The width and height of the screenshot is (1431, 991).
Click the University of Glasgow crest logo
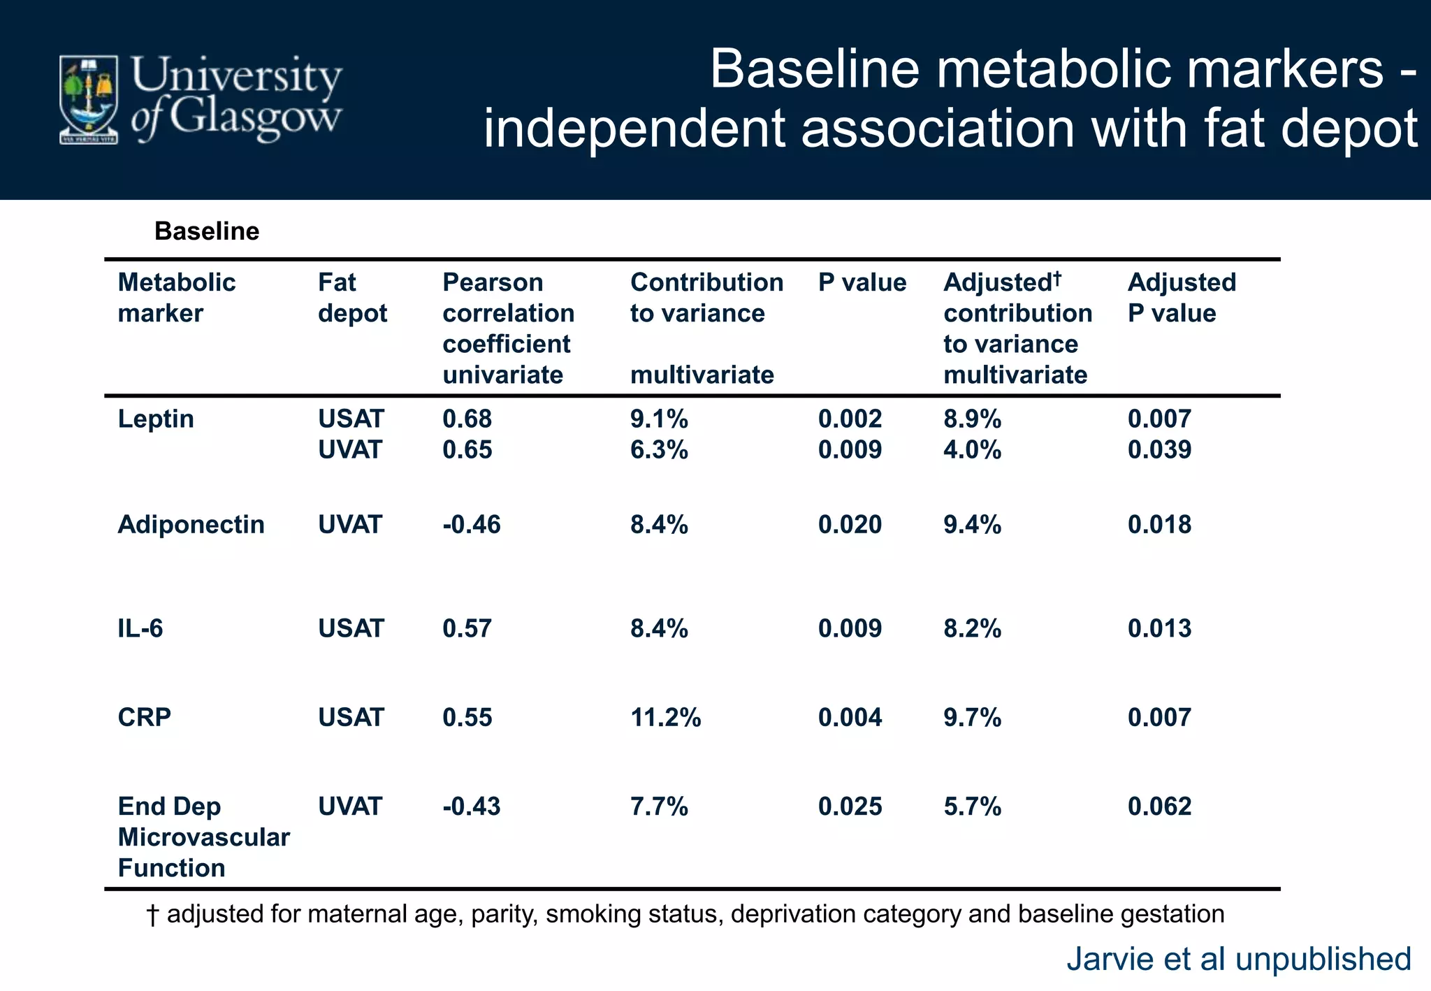tap(89, 99)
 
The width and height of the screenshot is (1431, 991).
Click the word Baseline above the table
tap(206, 231)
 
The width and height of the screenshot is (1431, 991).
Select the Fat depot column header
tap(351, 298)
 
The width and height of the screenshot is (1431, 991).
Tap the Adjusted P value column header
tap(1181, 298)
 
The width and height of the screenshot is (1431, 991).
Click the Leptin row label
tap(155, 419)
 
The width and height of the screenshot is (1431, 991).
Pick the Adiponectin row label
tap(191, 524)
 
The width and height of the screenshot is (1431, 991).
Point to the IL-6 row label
tap(140, 628)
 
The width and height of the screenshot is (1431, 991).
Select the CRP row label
tap(144, 717)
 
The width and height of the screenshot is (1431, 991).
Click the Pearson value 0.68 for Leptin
tap(467, 419)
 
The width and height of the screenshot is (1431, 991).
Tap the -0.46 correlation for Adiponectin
tap(471, 524)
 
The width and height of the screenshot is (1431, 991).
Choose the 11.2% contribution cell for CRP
tap(665, 717)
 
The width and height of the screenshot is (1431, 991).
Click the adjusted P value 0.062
tap(1159, 806)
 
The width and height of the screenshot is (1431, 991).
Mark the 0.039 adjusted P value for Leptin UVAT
tap(1159, 449)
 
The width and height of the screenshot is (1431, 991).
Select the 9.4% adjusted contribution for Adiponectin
tap(972, 524)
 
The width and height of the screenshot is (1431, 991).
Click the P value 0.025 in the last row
tap(850, 806)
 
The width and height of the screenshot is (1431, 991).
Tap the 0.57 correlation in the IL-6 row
tap(467, 628)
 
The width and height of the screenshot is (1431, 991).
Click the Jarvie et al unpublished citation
tap(1238, 959)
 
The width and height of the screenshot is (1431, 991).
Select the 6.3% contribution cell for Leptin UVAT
tap(659, 449)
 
